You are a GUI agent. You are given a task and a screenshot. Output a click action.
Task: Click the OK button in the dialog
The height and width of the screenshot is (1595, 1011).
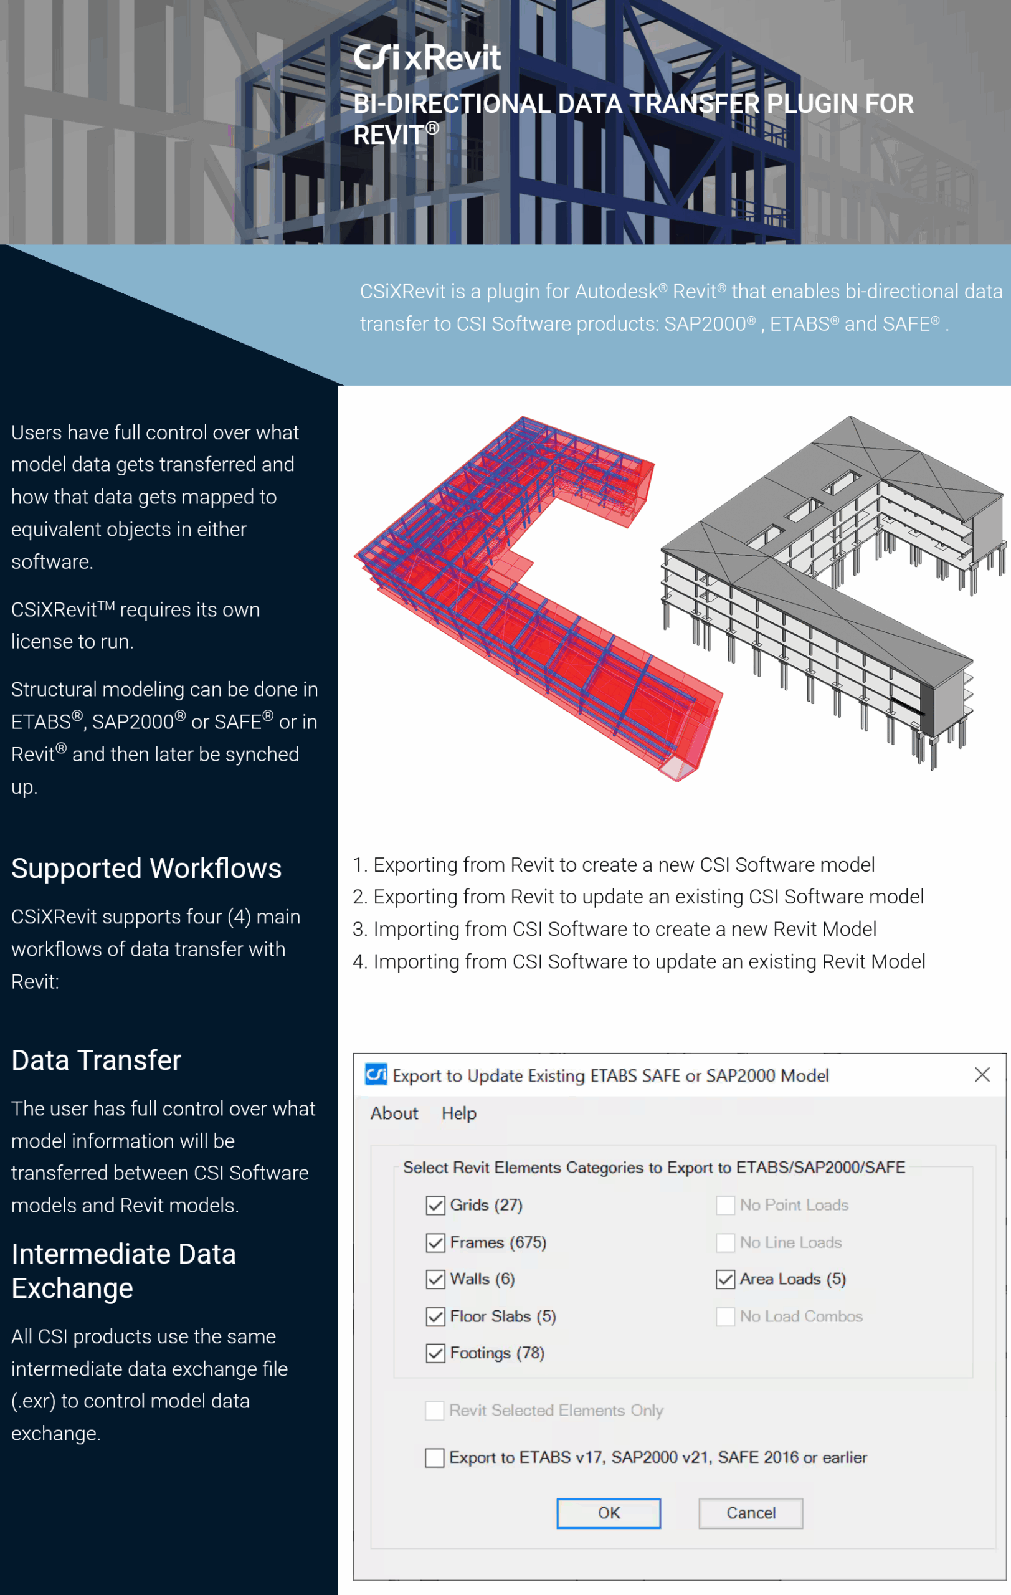609,1513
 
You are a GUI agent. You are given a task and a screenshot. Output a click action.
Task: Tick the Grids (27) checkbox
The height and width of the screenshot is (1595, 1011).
435,1206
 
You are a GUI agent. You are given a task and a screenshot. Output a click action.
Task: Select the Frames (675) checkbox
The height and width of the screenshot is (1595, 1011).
435,1242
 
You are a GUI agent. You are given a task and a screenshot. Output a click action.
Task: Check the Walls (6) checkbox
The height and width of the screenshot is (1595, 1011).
435,1279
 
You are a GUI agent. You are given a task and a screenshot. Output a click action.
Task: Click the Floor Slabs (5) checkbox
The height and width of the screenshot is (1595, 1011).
435,1316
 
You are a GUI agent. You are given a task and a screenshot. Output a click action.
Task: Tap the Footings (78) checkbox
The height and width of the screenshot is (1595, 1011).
435,1353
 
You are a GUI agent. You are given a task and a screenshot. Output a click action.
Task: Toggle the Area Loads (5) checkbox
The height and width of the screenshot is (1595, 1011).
725,1279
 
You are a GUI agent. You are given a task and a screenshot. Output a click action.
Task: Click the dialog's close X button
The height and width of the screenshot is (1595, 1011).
982,1074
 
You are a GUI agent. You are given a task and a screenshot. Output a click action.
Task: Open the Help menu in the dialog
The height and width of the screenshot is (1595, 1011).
459,1113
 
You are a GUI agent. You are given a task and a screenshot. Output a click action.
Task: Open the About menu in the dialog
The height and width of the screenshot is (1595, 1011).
394,1113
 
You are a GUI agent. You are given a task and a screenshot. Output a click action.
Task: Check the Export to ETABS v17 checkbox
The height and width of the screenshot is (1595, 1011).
434,1457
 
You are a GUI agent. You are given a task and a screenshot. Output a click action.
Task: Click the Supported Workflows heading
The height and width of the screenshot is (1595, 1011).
146,869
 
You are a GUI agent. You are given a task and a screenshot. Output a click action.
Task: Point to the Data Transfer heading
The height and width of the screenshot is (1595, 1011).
97,1060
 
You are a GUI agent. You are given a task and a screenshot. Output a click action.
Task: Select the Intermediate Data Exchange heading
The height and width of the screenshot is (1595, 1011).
124,1271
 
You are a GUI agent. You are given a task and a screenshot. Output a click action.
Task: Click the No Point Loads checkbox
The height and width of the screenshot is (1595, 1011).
725,1206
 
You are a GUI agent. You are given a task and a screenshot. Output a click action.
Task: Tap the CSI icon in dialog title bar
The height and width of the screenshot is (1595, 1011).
376,1074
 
